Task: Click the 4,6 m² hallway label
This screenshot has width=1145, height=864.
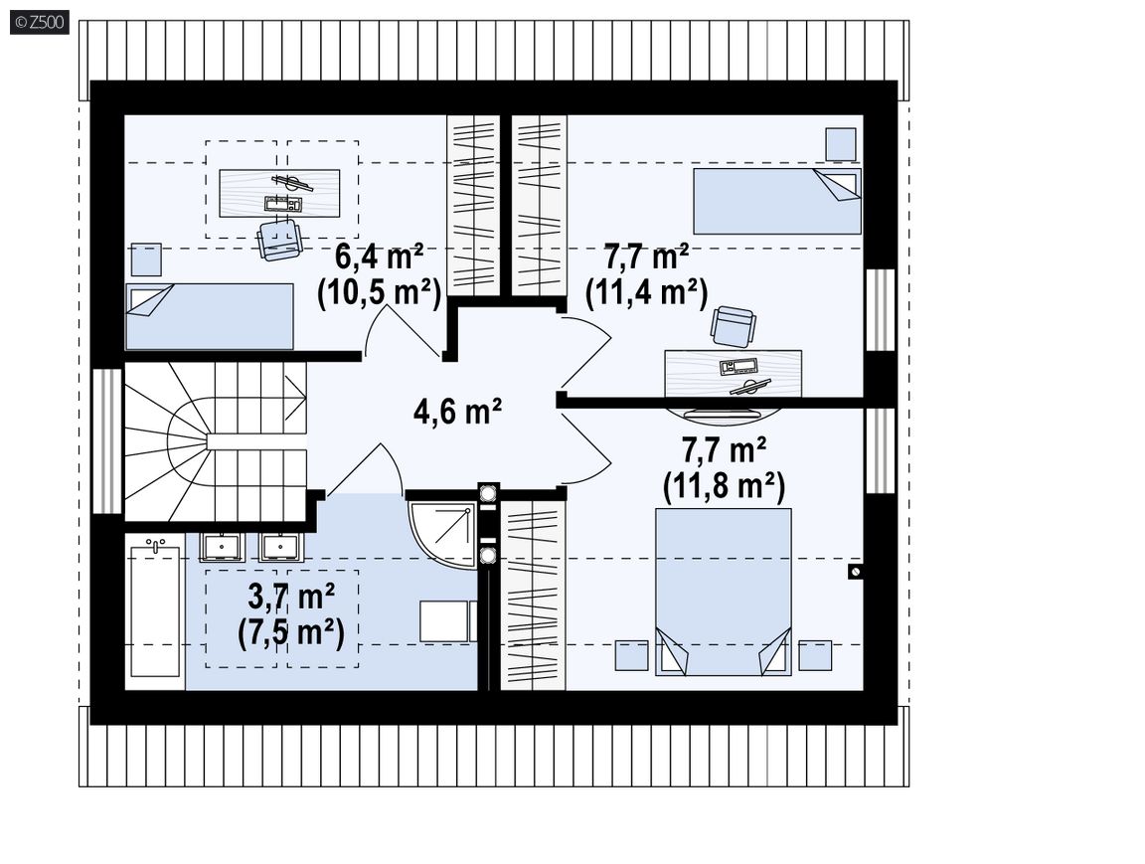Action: pyautogui.click(x=457, y=412)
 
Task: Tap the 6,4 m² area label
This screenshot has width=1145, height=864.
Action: pyautogui.click(x=379, y=258)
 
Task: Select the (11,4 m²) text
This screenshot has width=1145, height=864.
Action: pyautogui.click(x=647, y=293)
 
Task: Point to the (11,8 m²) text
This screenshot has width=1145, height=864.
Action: pyautogui.click(x=724, y=485)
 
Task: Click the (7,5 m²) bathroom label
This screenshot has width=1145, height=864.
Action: pyautogui.click(x=290, y=632)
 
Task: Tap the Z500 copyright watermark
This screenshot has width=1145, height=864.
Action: pyautogui.click(x=40, y=23)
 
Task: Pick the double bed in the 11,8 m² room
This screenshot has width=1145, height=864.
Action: pyautogui.click(x=723, y=592)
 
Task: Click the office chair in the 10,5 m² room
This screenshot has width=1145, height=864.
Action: pyautogui.click(x=279, y=238)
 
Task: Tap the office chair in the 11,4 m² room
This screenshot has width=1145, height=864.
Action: pyautogui.click(x=733, y=326)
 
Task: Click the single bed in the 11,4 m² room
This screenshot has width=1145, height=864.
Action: pyautogui.click(x=777, y=201)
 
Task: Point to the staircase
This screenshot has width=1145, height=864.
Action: pyautogui.click(x=216, y=441)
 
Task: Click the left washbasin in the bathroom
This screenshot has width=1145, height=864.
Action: pyautogui.click(x=221, y=546)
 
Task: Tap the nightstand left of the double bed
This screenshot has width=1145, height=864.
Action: pyautogui.click(x=632, y=655)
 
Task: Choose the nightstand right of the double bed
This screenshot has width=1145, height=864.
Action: pyautogui.click(x=815, y=655)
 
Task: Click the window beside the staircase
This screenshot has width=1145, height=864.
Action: pyautogui.click(x=106, y=441)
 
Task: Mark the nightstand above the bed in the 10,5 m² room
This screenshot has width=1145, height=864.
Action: pyautogui.click(x=146, y=260)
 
